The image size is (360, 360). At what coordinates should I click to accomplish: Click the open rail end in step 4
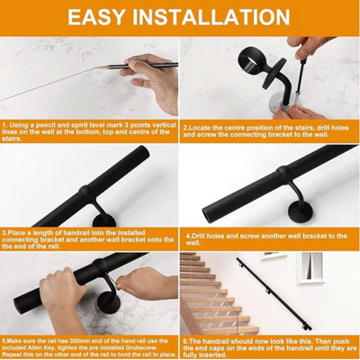(x=211, y=212)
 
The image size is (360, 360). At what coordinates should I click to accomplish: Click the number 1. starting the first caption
(x=5, y=125)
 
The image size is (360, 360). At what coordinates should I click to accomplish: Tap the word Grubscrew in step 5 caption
(x=144, y=348)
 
